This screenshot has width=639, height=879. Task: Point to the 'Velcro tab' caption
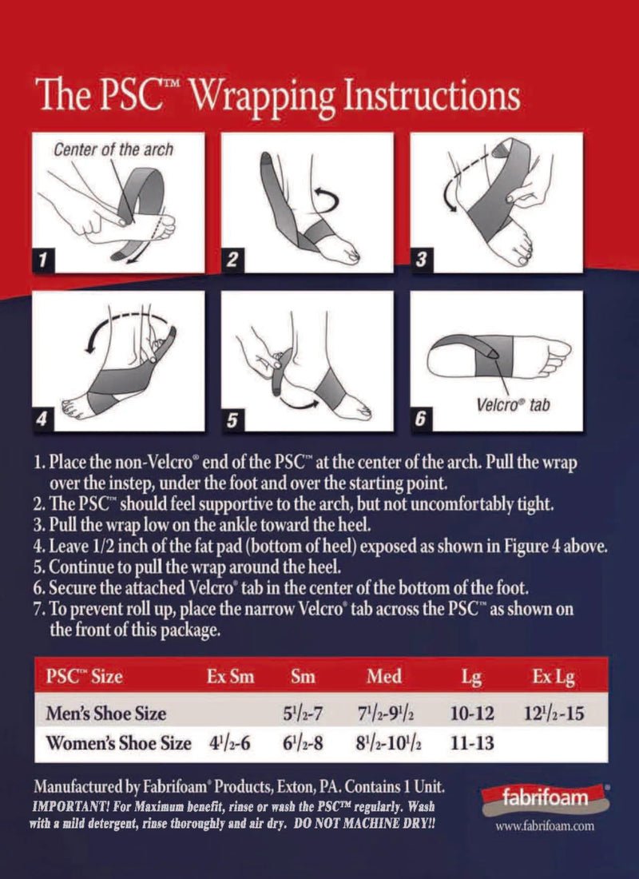point(520,405)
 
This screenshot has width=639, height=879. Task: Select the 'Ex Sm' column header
point(230,677)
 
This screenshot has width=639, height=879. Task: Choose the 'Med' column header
point(384,677)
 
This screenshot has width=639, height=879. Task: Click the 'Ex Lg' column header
point(553,677)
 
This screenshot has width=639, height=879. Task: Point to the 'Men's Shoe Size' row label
point(106,712)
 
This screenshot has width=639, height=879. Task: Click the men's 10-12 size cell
point(471,712)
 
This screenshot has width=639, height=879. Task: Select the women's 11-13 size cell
point(471,743)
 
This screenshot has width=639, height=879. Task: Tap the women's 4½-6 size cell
point(229,743)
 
